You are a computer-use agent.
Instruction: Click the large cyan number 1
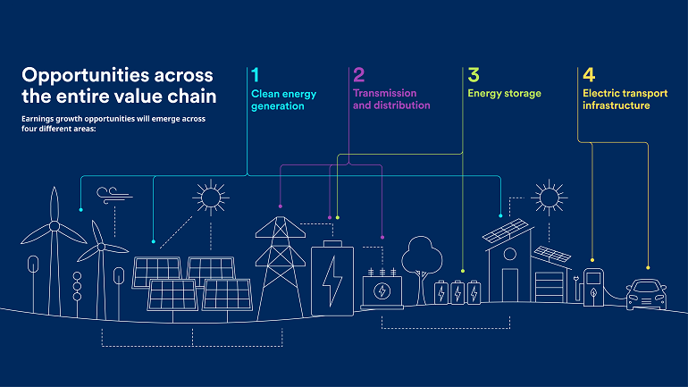pos(256,75)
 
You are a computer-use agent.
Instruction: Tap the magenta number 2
pos(359,75)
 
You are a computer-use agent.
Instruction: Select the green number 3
pos(474,75)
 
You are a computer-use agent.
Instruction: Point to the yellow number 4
pos(589,75)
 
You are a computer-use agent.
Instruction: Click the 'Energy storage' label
pos(504,94)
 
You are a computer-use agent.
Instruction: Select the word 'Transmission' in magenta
pos(385,93)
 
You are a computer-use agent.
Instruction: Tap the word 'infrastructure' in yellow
pos(616,105)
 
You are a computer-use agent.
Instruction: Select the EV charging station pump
pos(593,288)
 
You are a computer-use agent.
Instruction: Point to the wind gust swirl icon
pos(114,195)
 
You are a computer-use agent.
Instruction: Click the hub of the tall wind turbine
pos(55,226)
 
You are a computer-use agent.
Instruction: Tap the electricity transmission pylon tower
pos(281,267)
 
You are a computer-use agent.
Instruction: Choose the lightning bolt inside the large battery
pos(332,281)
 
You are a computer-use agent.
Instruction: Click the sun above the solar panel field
pos(211,198)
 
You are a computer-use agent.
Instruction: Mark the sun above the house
pos(549,198)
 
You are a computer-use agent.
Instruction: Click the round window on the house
pos(510,254)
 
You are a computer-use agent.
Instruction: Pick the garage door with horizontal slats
pos(549,288)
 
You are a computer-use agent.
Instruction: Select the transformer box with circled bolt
pos(382,290)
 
